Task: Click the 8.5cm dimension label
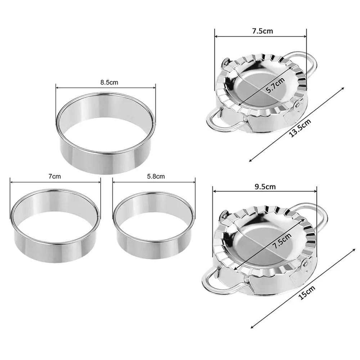point(109,82)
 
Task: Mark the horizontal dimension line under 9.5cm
point(264,192)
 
